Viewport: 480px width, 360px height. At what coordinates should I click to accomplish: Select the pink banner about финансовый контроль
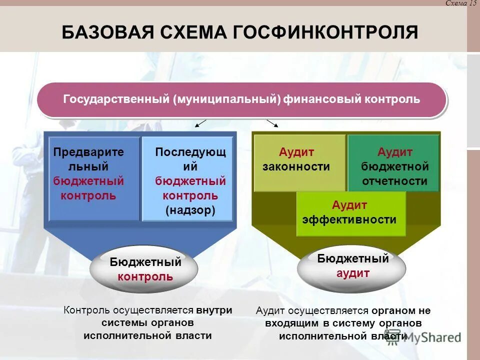tap(241, 99)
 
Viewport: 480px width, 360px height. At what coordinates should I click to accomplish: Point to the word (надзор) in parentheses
tap(190, 210)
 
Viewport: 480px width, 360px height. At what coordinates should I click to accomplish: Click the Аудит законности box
tap(299, 162)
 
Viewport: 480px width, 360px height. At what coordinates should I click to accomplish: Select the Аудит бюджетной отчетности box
tap(393, 162)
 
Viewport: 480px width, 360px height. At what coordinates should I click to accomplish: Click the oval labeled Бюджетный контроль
tap(144, 269)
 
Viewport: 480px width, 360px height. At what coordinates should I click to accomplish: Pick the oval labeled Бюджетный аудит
tap(352, 267)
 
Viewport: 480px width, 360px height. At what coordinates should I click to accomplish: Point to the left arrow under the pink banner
tap(200, 123)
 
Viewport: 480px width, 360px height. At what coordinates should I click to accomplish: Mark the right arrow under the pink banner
tap(272, 123)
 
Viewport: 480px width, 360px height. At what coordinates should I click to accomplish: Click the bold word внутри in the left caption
tap(214, 310)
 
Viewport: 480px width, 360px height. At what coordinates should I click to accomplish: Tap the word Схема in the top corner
tap(455, 3)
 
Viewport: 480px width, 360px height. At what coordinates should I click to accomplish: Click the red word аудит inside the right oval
tap(353, 273)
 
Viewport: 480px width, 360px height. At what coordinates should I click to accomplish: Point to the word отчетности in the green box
tap(394, 181)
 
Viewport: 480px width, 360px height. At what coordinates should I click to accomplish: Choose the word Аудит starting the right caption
tap(270, 310)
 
